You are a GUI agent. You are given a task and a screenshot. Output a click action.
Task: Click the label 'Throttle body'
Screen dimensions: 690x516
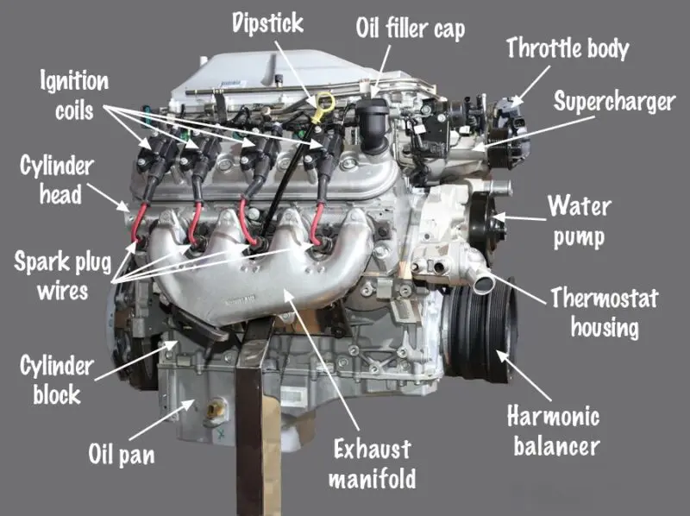pyautogui.click(x=568, y=47)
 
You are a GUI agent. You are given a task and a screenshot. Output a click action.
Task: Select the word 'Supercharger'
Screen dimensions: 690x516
pyautogui.click(x=614, y=102)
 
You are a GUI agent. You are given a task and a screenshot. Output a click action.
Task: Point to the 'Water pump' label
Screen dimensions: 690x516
pyautogui.click(x=579, y=222)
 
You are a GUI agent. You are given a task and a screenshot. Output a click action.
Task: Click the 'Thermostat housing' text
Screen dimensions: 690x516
pyautogui.click(x=605, y=312)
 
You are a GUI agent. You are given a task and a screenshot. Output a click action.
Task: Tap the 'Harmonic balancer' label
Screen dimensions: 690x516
pyautogui.click(x=555, y=431)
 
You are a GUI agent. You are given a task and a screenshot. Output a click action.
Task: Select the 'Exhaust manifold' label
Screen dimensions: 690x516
pyautogui.click(x=373, y=463)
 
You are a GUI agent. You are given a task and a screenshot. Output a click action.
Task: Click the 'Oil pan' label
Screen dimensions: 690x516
pyautogui.click(x=122, y=454)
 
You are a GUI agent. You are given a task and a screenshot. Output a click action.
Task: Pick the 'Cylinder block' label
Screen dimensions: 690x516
pyautogui.click(x=57, y=380)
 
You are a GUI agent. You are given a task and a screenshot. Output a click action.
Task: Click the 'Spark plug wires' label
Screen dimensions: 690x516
pyautogui.click(x=62, y=276)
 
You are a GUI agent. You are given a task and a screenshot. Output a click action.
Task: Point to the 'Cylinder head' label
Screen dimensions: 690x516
pyautogui.click(x=57, y=179)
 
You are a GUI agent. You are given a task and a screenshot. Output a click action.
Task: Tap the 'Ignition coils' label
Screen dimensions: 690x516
pyautogui.click(x=74, y=95)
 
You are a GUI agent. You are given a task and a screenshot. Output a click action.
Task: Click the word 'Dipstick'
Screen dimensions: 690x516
pyautogui.click(x=268, y=23)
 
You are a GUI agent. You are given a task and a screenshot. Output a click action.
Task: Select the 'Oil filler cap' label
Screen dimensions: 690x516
pyautogui.click(x=411, y=28)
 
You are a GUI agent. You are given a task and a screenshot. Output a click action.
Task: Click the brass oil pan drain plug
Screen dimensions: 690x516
pyautogui.click(x=214, y=409)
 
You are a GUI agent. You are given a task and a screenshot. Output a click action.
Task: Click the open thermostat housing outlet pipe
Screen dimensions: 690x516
pyautogui.click(x=483, y=282)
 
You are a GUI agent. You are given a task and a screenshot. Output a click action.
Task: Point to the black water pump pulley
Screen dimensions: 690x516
pyautogui.click(x=483, y=223)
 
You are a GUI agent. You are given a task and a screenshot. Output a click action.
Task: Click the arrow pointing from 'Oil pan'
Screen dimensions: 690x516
pyautogui.click(x=162, y=420)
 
